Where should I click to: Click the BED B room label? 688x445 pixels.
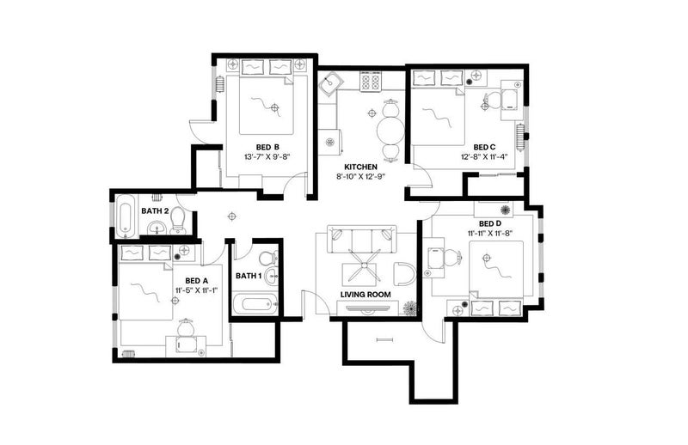tap(267, 147)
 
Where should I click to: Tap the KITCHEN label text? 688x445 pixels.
tap(360, 167)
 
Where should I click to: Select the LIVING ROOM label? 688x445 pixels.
tap(365, 295)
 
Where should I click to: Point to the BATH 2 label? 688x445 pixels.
tap(155, 210)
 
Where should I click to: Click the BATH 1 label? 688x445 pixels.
tap(249, 276)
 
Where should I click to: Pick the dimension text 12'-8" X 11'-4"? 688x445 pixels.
tap(487, 156)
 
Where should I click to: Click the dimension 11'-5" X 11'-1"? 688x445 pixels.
tap(197, 290)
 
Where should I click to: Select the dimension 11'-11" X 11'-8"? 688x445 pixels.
tap(490, 234)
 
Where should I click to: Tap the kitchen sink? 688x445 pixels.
tap(330, 84)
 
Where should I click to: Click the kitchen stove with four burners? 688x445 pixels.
tap(371, 82)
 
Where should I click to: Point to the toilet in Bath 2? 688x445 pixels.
tap(178, 220)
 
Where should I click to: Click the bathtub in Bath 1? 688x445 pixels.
tap(255, 304)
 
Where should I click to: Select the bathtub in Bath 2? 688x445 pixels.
tap(125, 216)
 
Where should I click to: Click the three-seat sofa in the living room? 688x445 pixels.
tap(362, 240)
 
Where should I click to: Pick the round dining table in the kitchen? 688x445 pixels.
tap(390, 131)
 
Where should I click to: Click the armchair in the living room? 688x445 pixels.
tap(403, 274)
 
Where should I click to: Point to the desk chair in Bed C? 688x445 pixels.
tap(491, 101)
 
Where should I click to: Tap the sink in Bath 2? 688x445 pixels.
tap(157, 228)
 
